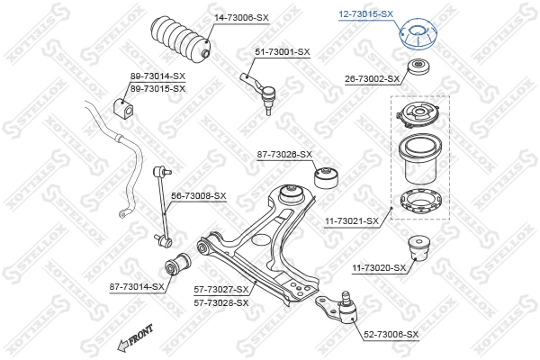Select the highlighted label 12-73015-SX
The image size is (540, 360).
pos(364,13)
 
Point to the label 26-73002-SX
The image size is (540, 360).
pos(371,79)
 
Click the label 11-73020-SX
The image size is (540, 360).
pos(379,267)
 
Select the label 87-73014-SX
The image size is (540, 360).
pos(137,286)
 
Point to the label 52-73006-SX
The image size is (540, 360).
pos(390,334)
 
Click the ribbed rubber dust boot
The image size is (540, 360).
pos(183,40)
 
